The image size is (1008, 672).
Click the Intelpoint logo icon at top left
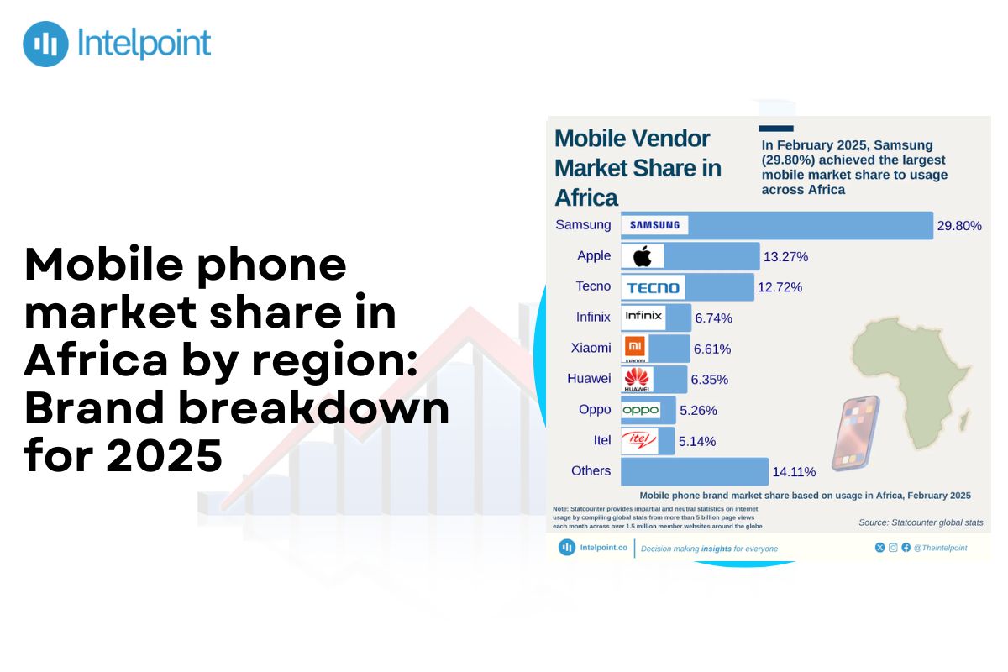click(45, 44)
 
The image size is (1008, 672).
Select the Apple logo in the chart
click(643, 256)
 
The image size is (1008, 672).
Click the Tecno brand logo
click(654, 287)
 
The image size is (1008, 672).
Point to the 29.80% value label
click(959, 225)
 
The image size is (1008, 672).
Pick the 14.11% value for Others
click(794, 472)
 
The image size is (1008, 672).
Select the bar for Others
click(695, 471)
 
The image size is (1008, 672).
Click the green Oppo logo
click(641, 410)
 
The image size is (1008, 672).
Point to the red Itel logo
click(638, 440)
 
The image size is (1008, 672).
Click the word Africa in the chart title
click(586, 198)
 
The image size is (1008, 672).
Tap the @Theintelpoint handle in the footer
click(940, 548)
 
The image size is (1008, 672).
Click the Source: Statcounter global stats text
click(920, 522)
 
